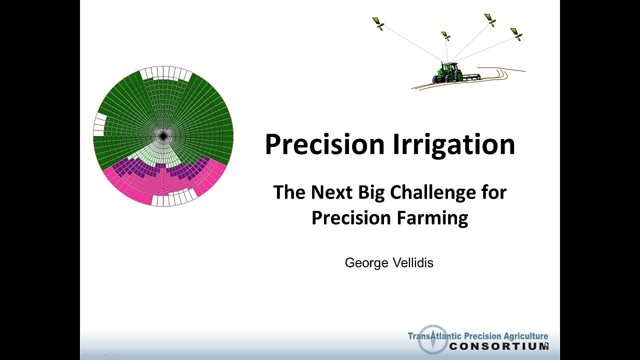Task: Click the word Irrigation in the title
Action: point(453,144)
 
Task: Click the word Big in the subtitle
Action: point(372,192)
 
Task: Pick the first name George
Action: point(366,262)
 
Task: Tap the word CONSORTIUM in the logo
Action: point(498,346)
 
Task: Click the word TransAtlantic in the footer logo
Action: point(435,336)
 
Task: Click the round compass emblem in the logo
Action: point(432,340)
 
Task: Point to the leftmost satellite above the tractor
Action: point(378,23)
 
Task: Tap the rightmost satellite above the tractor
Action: point(516,34)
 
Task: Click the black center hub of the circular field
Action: point(163,135)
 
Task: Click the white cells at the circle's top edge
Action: point(165,73)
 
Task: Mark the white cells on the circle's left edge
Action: point(100,124)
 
